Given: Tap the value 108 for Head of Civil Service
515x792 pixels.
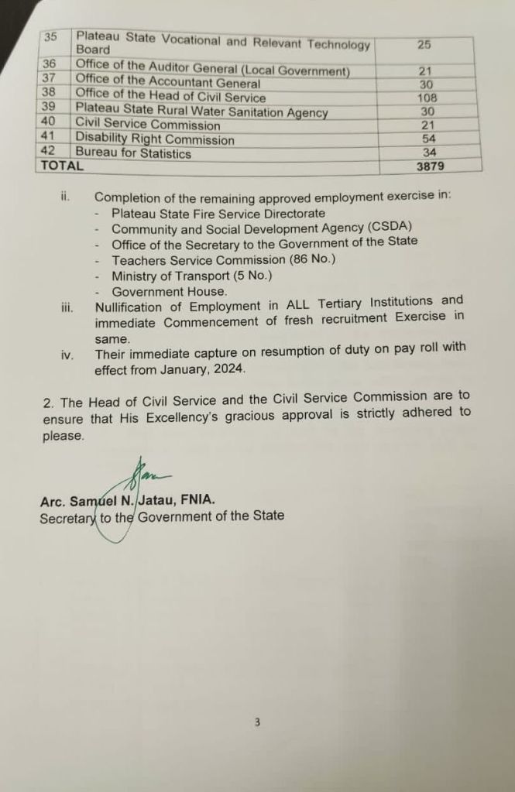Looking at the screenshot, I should click(427, 98).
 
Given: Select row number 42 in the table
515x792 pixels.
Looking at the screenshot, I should click(46, 153).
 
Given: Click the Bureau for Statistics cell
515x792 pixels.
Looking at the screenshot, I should click(133, 153).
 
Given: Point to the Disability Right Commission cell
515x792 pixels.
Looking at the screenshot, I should click(155, 139).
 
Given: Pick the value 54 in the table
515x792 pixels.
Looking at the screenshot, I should click(428, 139).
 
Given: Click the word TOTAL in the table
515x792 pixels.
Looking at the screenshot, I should click(61, 166).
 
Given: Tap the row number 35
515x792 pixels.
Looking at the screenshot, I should click(51, 36).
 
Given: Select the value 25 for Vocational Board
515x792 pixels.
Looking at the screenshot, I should click(424, 45).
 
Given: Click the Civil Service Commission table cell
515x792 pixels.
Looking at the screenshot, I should click(148, 125).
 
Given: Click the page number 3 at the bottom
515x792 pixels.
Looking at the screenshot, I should click(257, 722).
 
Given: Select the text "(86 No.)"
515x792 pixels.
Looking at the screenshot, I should click(311, 260).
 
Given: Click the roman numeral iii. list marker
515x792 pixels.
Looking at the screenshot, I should click(67, 307).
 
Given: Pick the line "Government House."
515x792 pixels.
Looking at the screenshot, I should click(170, 292).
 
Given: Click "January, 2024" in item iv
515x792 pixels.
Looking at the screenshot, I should click(205, 370).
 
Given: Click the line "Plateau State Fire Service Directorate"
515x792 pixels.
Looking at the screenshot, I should click(218, 213).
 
